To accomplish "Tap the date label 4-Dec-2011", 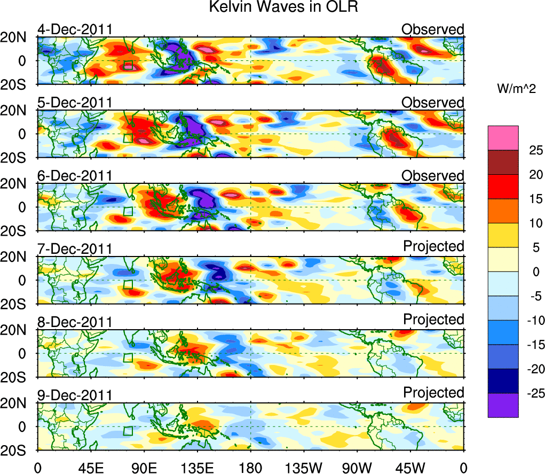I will [75, 29].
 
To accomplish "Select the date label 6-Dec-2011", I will [75, 176].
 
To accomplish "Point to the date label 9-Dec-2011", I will [75, 395].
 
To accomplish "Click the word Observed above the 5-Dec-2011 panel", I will [433, 102].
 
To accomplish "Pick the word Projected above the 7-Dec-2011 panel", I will [433, 246].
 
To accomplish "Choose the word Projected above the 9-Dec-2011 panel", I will [433, 392].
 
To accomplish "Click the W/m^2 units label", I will [516, 90].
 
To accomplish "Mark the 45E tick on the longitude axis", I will [91, 468].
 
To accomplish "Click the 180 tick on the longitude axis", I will [250, 468].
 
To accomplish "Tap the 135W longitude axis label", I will [304, 468].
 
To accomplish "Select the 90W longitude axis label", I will [357, 468].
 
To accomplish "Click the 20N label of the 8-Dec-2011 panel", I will [19, 330].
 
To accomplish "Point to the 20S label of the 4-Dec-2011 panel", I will [19, 84].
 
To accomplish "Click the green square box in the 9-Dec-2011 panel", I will [128, 431].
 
